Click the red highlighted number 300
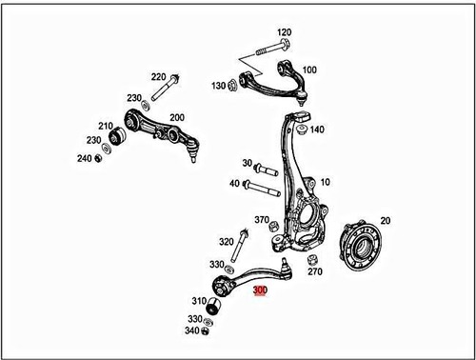tap(259, 291)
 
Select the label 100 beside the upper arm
tap(310, 70)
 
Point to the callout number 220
tap(158, 76)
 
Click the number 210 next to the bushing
tap(106, 125)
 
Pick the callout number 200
tap(176, 117)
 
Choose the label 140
tap(317, 130)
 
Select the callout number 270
tap(315, 271)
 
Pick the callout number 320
tap(226, 242)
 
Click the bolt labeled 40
tap(262, 184)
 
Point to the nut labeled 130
tap(233, 86)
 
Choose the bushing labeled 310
tap(216, 308)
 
